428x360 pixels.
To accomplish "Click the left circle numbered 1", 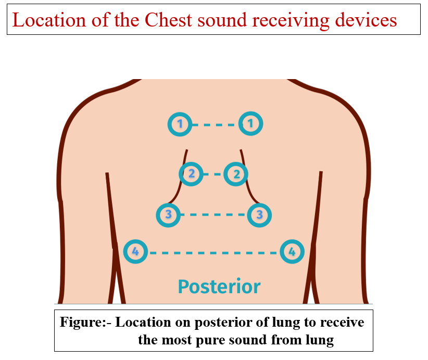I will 180,124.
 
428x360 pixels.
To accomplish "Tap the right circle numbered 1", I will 250,124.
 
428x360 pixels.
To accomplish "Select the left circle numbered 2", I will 192,174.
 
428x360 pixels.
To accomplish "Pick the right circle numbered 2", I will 236,174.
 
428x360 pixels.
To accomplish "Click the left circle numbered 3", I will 168,214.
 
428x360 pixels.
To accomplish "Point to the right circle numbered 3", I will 260,214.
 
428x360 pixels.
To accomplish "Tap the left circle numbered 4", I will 135,252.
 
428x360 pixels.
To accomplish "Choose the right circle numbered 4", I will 292,252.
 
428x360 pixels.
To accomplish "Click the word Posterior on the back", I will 219,286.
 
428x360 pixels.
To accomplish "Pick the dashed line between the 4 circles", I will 213,253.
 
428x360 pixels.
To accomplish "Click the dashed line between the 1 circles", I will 215,125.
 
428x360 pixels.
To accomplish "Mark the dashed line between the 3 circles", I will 214,214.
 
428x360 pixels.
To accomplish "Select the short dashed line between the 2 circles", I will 213,174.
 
